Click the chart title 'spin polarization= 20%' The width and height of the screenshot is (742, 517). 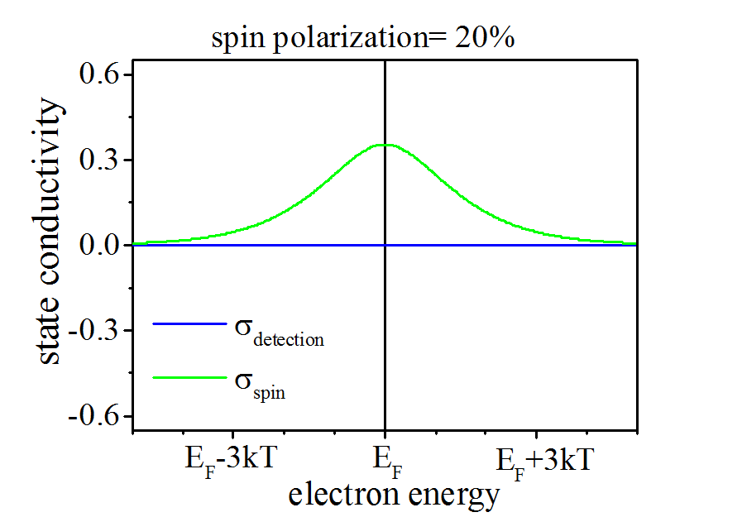(364, 39)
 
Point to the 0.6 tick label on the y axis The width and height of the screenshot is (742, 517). (101, 75)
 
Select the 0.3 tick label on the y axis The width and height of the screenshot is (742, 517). (101, 160)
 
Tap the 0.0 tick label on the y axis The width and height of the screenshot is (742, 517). (101, 246)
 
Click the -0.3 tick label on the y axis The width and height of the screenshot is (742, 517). (96, 331)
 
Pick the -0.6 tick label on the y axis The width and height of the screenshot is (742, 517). (96, 416)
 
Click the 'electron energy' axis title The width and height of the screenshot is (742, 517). (394, 495)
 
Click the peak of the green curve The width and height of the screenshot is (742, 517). (385, 145)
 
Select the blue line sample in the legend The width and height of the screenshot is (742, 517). (189, 323)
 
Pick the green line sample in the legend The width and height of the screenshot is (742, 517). (189, 378)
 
